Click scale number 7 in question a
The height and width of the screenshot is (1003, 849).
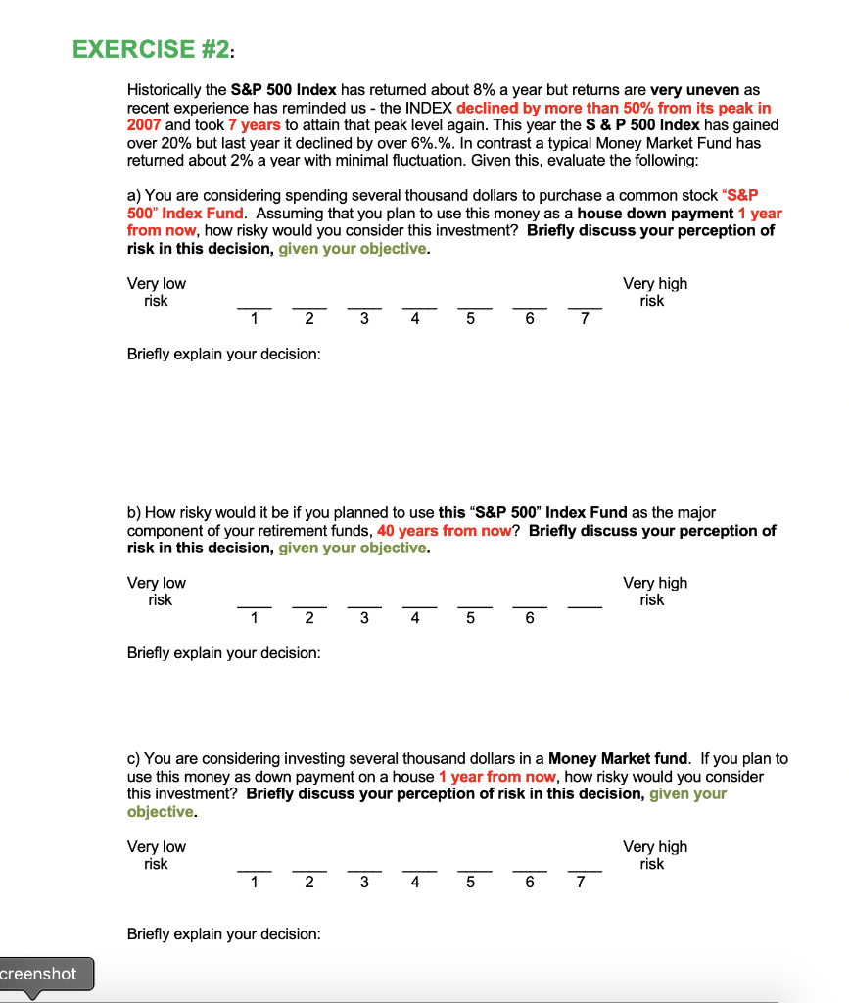pyautogui.click(x=585, y=317)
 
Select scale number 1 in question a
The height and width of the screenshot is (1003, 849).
pyautogui.click(x=254, y=317)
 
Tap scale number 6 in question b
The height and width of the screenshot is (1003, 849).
pyautogui.click(x=530, y=617)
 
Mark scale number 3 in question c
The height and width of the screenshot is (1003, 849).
pyautogui.click(x=364, y=882)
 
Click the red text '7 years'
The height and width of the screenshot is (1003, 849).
pyautogui.click(x=254, y=125)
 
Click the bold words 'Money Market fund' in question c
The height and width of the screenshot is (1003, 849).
pyautogui.click(x=618, y=759)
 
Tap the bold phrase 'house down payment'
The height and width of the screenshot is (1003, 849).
pyautogui.click(x=655, y=214)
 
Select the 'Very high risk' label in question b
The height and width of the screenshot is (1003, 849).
pyautogui.click(x=654, y=591)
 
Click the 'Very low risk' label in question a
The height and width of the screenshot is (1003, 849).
pyautogui.click(x=156, y=292)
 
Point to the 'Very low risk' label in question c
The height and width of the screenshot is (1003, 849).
pyautogui.click(x=156, y=855)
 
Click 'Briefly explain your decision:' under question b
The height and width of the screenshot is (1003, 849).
pyautogui.click(x=223, y=653)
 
